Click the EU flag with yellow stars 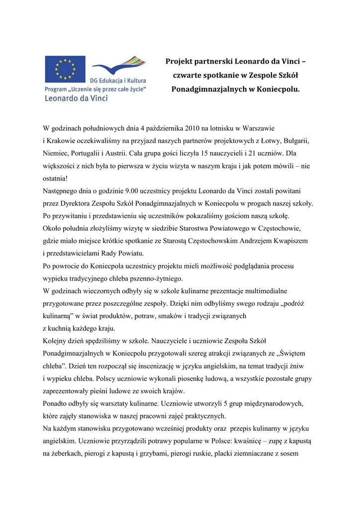click(x=65, y=69)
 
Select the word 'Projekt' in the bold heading click(x=180, y=61)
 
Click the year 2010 click(x=192, y=128)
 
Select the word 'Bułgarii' click(x=296, y=141)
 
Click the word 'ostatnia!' click(x=55, y=178)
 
